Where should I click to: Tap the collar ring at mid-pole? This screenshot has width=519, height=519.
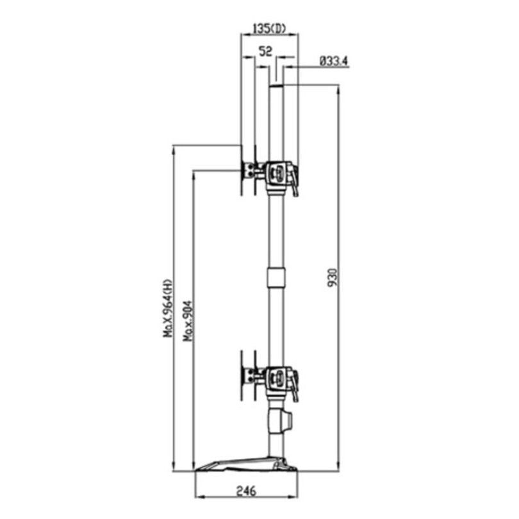(276, 278)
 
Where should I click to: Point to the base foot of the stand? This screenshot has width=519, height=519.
(247, 464)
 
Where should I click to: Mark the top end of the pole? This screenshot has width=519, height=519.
(276, 86)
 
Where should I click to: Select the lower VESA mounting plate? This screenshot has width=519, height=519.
(242, 373)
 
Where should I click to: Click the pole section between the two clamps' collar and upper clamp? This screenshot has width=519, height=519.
(276, 231)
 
